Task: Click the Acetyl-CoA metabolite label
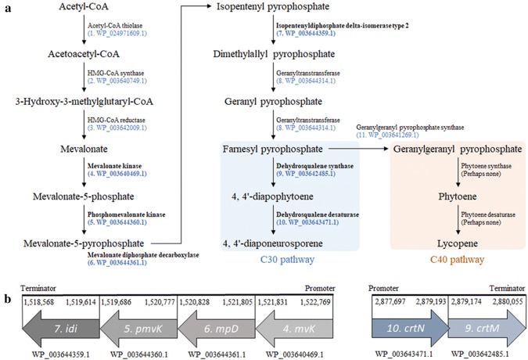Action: click(x=84, y=6)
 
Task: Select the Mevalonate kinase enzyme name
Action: click(x=114, y=166)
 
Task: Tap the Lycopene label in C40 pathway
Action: click(x=458, y=243)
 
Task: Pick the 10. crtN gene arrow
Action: click(x=411, y=329)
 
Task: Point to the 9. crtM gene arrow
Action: click(x=487, y=329)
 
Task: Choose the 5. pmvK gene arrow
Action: click(x=138, y=329)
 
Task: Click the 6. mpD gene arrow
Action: click(x=216, y=329)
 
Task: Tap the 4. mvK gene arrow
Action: click(x=294, y=329)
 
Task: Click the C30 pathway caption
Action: click(x=287, y=260)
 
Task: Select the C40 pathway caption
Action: click(x=457, y=260)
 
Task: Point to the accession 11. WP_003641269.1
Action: click(x=387, y=135)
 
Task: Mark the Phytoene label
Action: click(x=458, y=196)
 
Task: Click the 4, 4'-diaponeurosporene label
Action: click(x=273, y=243)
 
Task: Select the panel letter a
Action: click(x=7, y=7)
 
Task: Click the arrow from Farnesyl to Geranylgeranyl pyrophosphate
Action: click(x=358, y=149)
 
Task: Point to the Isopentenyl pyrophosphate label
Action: click(x=273, y=6)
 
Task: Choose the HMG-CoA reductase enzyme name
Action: click(x=117, y=121)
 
